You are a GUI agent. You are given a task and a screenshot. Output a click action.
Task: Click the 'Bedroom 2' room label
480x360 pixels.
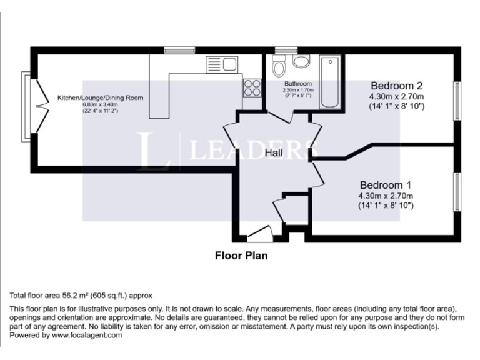click(x=397, y=86)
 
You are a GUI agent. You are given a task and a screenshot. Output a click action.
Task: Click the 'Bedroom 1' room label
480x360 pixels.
click(x=385, y=185)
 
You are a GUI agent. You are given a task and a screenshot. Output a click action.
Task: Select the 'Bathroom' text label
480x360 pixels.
click(x=297, y=84)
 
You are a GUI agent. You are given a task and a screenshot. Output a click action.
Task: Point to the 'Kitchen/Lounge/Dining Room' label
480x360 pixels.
click(x=101, y=98)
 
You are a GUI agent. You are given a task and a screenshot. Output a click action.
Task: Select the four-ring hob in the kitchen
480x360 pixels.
click(x=252, y=87)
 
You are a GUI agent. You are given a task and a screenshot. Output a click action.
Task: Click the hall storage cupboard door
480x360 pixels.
click(x=278, y=209)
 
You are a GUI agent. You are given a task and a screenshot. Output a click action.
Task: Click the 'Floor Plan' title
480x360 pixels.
click(x=241, y=255)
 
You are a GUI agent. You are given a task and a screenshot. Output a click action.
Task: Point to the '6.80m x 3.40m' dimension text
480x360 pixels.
click(x=100, y=104)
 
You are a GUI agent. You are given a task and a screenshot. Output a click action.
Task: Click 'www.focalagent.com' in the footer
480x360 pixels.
click(x=87, y=335)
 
